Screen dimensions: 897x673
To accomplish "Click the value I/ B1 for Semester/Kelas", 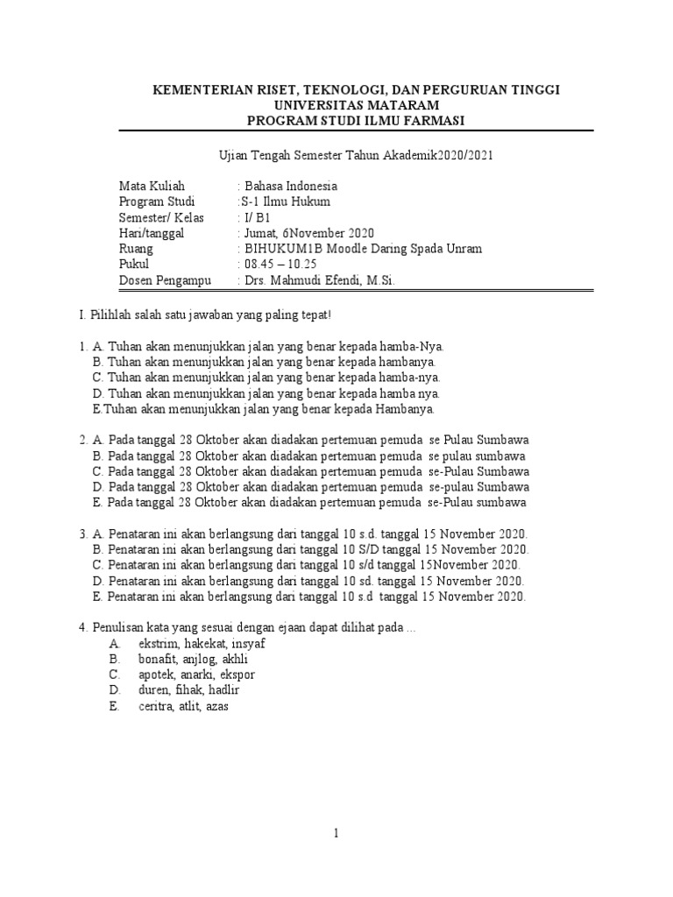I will pyautogui.click(x=252, y=217).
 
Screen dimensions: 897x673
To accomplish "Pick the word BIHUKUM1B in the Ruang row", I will pyautogui.click(x=281, y=249).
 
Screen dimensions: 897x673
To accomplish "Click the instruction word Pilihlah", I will pyautogui.click(x=105, y=314).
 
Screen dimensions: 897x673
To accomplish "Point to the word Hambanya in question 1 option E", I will pyautogui.click(x=406, y=409).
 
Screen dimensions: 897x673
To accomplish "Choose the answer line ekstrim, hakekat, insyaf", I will pyautogui.click(x=202, y=643).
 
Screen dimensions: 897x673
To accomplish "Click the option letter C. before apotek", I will pyautogui.click(x=114, y=675).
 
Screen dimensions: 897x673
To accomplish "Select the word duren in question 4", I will pyautogui.click(x=153, y=690).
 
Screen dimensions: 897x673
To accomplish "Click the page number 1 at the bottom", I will pyautogui.click(x=336, y=834).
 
